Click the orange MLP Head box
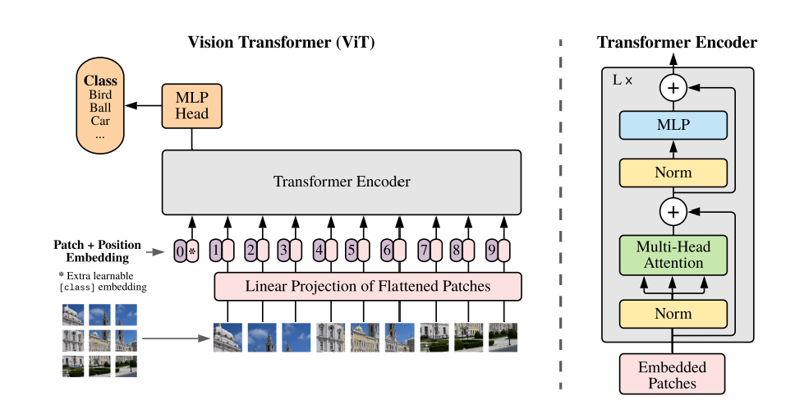(x=191, y=106)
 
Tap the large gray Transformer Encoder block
(x=341, y=182)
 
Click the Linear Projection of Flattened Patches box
(x=367, y=287)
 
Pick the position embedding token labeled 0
(x=180, y=250)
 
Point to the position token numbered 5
(x=351, y=250)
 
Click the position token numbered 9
(x=491, y=250)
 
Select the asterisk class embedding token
(x=193, y=250)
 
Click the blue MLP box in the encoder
(x=673, y=126)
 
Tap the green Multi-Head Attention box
(x=673, y=254)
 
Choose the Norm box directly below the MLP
(x=673, y=173)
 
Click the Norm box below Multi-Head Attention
(x=673, y=314)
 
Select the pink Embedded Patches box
(x=673, y=374)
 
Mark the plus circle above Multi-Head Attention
(x=673, y=213)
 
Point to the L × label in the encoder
(x=623, y=81)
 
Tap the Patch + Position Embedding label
(x=97, y=251)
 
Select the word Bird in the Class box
(x=100, y=95)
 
